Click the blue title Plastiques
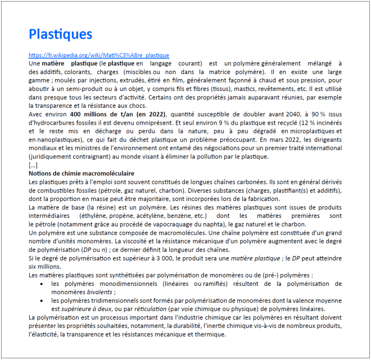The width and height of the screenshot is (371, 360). (x=60, y=34)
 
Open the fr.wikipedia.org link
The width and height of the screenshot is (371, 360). (x=98, y=56)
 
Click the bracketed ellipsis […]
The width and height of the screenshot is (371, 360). (x=33, y=165)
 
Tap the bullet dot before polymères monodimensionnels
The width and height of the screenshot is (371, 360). (x=45, y=285)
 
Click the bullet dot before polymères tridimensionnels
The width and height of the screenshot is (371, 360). (x=45, y=301)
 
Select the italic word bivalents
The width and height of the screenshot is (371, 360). (x=98, y=292)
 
